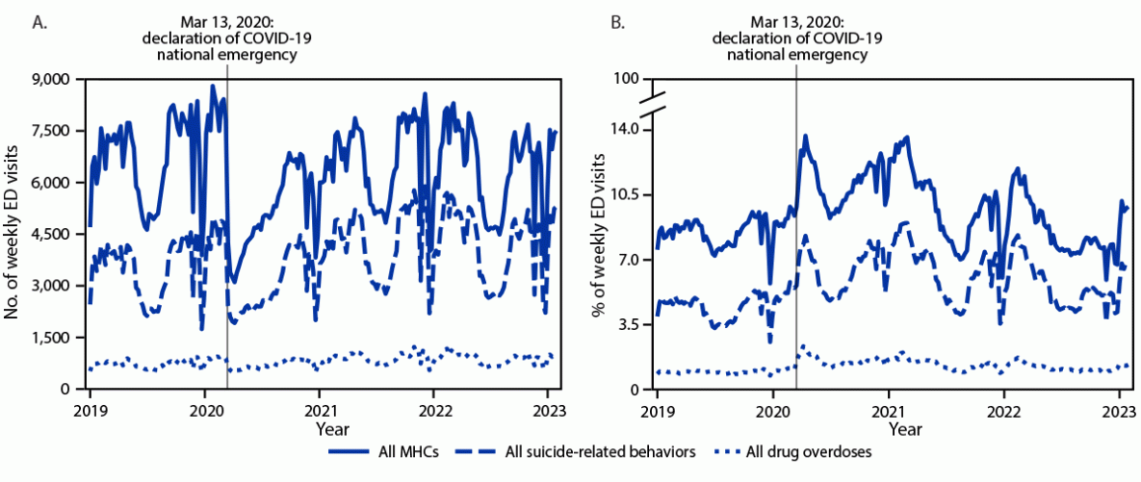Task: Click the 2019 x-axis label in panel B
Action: pyautogui.click(x=657, y=407)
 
